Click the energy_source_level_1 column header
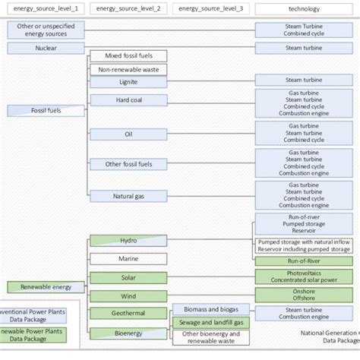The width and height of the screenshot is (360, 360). [45, 8]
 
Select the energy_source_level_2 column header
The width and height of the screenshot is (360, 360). [128, 8]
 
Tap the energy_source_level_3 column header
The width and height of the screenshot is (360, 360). [210, 8]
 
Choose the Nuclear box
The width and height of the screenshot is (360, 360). [46, 48]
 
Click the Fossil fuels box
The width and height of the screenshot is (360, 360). [46, 111]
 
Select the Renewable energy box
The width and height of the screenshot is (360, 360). [46, 287]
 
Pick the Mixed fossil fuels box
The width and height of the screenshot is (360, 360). [128, 56]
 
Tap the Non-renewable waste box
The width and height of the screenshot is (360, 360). [128, 69]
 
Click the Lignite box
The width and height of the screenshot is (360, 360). [128, 81]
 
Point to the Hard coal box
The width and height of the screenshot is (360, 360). [128, 100]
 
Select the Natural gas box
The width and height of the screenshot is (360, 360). [128, 196]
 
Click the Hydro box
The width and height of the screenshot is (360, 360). [128, 241]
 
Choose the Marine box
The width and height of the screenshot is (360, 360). [128, 259]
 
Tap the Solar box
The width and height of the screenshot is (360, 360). [128, 277]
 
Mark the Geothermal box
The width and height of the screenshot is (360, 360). [128, 313]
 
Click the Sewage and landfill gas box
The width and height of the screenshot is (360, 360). [210, 323]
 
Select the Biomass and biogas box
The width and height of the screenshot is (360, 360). [210, 308]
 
